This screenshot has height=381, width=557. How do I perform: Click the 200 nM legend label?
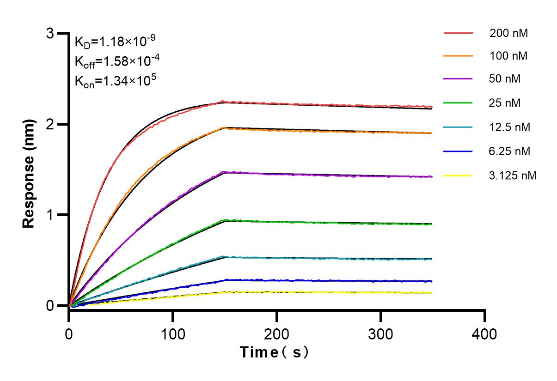pos(509,34)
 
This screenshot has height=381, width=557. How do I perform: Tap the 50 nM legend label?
pos(505,79)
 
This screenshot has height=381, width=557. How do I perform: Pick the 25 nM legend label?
pos(505,103)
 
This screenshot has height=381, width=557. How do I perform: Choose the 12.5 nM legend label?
pos(510,127)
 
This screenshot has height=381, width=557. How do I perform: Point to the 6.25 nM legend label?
pos(510,151)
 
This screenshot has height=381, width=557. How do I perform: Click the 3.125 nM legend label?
pos(513,175)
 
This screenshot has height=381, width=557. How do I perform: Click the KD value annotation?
pos(115,42)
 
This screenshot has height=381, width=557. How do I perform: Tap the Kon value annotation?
pos(115,81)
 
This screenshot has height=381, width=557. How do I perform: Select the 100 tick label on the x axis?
pos(173,333)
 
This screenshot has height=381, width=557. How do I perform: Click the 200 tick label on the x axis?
pos(277,333)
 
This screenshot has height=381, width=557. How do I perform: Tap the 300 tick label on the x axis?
pos(381,333)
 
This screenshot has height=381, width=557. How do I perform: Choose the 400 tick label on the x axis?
pos(485,333)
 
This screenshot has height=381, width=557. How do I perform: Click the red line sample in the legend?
pos(458,34)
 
